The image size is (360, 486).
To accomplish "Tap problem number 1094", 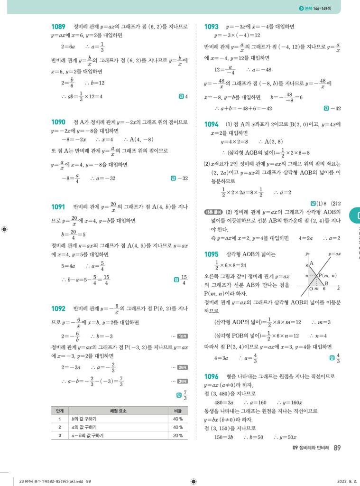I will pos(211,124).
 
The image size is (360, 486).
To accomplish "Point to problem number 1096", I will pos(211,376).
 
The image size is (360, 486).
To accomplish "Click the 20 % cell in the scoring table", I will pos(178,435).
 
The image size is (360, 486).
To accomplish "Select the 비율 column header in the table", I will pos(178,411).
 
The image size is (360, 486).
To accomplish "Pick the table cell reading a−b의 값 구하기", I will pos(90,435).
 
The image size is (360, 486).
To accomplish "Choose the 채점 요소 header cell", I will pos(117,411).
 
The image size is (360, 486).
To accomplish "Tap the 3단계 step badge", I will pos(182,381).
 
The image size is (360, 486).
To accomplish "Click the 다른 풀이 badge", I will pos(211,212).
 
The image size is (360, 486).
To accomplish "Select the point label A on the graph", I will pos(312,263).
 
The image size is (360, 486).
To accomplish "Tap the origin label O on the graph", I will pos(310,289).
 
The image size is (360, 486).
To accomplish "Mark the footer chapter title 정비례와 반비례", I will pos(311,448).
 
